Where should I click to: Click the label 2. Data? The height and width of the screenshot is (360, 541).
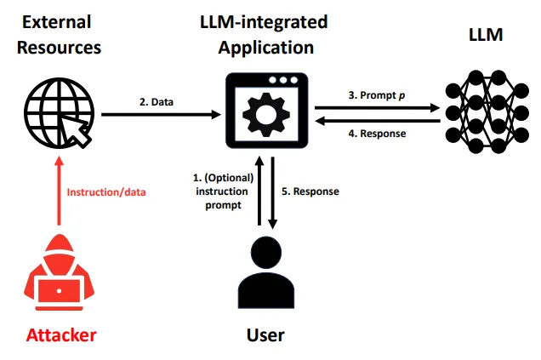157,101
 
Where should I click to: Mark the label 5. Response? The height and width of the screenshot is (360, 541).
310,191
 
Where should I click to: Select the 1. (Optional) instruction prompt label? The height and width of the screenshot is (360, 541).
223,191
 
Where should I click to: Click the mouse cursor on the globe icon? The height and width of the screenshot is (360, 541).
83,128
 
